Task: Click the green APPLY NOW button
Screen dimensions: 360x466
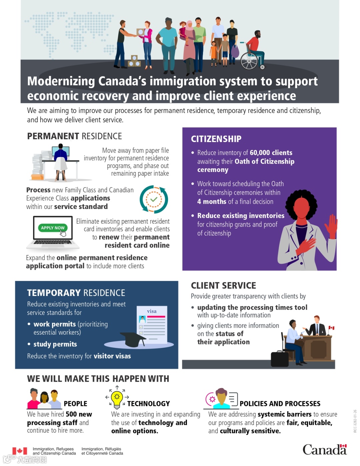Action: click(53, 228)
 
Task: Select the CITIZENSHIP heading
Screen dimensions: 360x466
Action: click(216, 139)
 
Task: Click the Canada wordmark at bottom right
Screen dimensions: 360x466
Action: click(324, 450)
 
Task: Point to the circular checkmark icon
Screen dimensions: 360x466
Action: click(154, 199)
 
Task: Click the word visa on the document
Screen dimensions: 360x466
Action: click(152, 311)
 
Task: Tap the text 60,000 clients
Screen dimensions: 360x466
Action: click(271, 153)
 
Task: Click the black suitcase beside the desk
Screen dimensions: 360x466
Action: click(280, 359)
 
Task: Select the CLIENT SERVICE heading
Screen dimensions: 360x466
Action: click(223, 286)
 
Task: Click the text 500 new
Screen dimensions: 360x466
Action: click(79, 414)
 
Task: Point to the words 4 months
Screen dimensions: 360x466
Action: click(212, 202)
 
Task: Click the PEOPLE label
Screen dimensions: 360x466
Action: click(75, 404)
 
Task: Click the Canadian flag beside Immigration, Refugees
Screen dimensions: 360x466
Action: click(20, 451)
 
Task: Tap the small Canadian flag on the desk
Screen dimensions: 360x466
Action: click(331, 328)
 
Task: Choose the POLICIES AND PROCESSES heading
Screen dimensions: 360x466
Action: click(280, 404)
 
